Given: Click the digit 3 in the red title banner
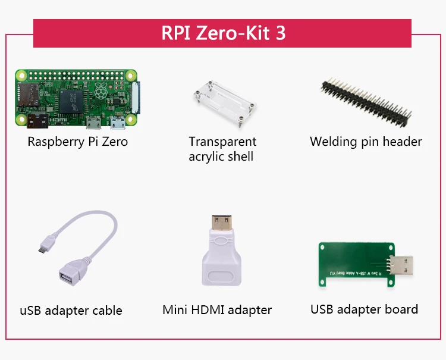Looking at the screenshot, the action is click(281, 33).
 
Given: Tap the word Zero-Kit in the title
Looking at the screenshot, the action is click(233, 33).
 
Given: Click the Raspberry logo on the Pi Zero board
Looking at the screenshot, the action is click(101, 91).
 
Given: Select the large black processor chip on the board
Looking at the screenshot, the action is click(71, 102).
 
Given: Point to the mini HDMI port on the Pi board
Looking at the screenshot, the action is click(37, 121).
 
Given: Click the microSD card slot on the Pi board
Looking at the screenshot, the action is click(28, 94).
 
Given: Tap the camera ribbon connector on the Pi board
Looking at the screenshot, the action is click(136, 98).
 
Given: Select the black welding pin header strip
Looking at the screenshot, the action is click(366, 102).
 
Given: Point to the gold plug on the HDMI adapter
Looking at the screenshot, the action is click(222, 223).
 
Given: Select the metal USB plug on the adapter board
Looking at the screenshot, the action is click(401, 265).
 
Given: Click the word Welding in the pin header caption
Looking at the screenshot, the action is click(333, 142).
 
